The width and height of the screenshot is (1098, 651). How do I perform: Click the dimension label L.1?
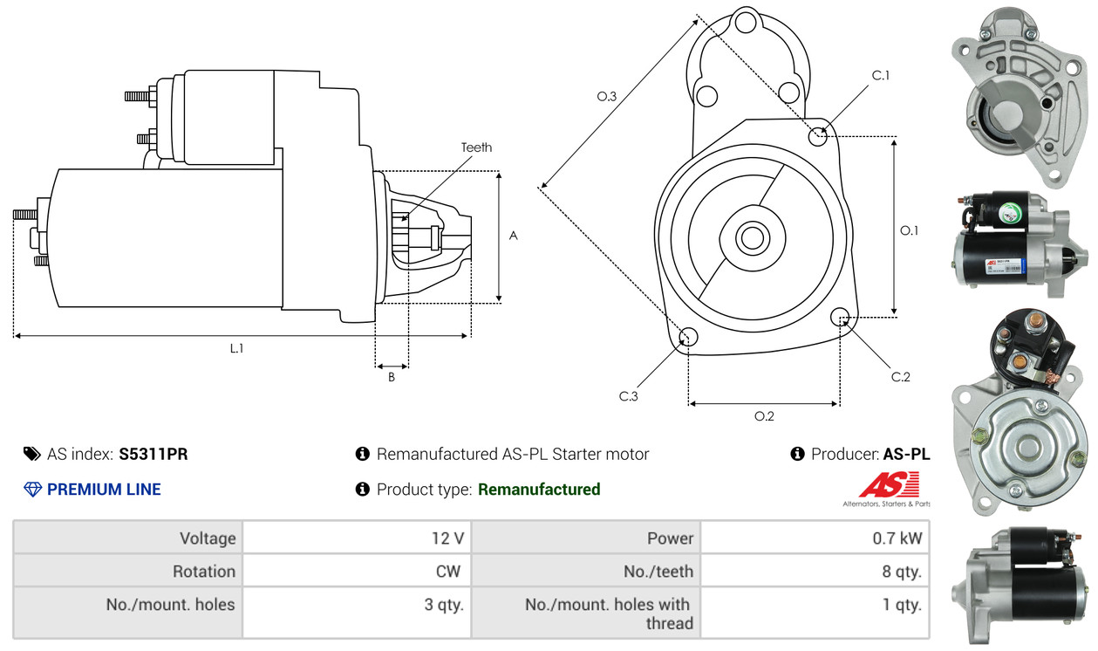(236, 348)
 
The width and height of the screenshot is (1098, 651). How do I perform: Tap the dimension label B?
(392, 377)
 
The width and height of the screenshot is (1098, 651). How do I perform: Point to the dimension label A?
(514, 236)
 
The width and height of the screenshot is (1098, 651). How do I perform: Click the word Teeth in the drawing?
(476, 147)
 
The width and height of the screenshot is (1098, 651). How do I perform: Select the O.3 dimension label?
(607, 97)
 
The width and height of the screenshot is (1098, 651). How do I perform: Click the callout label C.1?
(881, 75)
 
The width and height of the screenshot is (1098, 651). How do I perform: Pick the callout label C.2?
(900, 377)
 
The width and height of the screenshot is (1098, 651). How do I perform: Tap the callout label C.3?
(629, 396)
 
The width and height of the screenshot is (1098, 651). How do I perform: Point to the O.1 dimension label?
(910, 230)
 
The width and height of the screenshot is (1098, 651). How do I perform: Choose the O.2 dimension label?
(764, 416)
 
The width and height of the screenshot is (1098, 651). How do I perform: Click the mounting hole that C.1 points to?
(818, 136)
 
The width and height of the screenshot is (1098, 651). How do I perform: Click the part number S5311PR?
(153, 454)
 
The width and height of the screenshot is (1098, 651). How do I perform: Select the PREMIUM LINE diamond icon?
(32, 490)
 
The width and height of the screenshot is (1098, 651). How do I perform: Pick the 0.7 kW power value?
(897, 538)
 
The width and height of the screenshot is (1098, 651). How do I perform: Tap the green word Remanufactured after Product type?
(539, 490)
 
